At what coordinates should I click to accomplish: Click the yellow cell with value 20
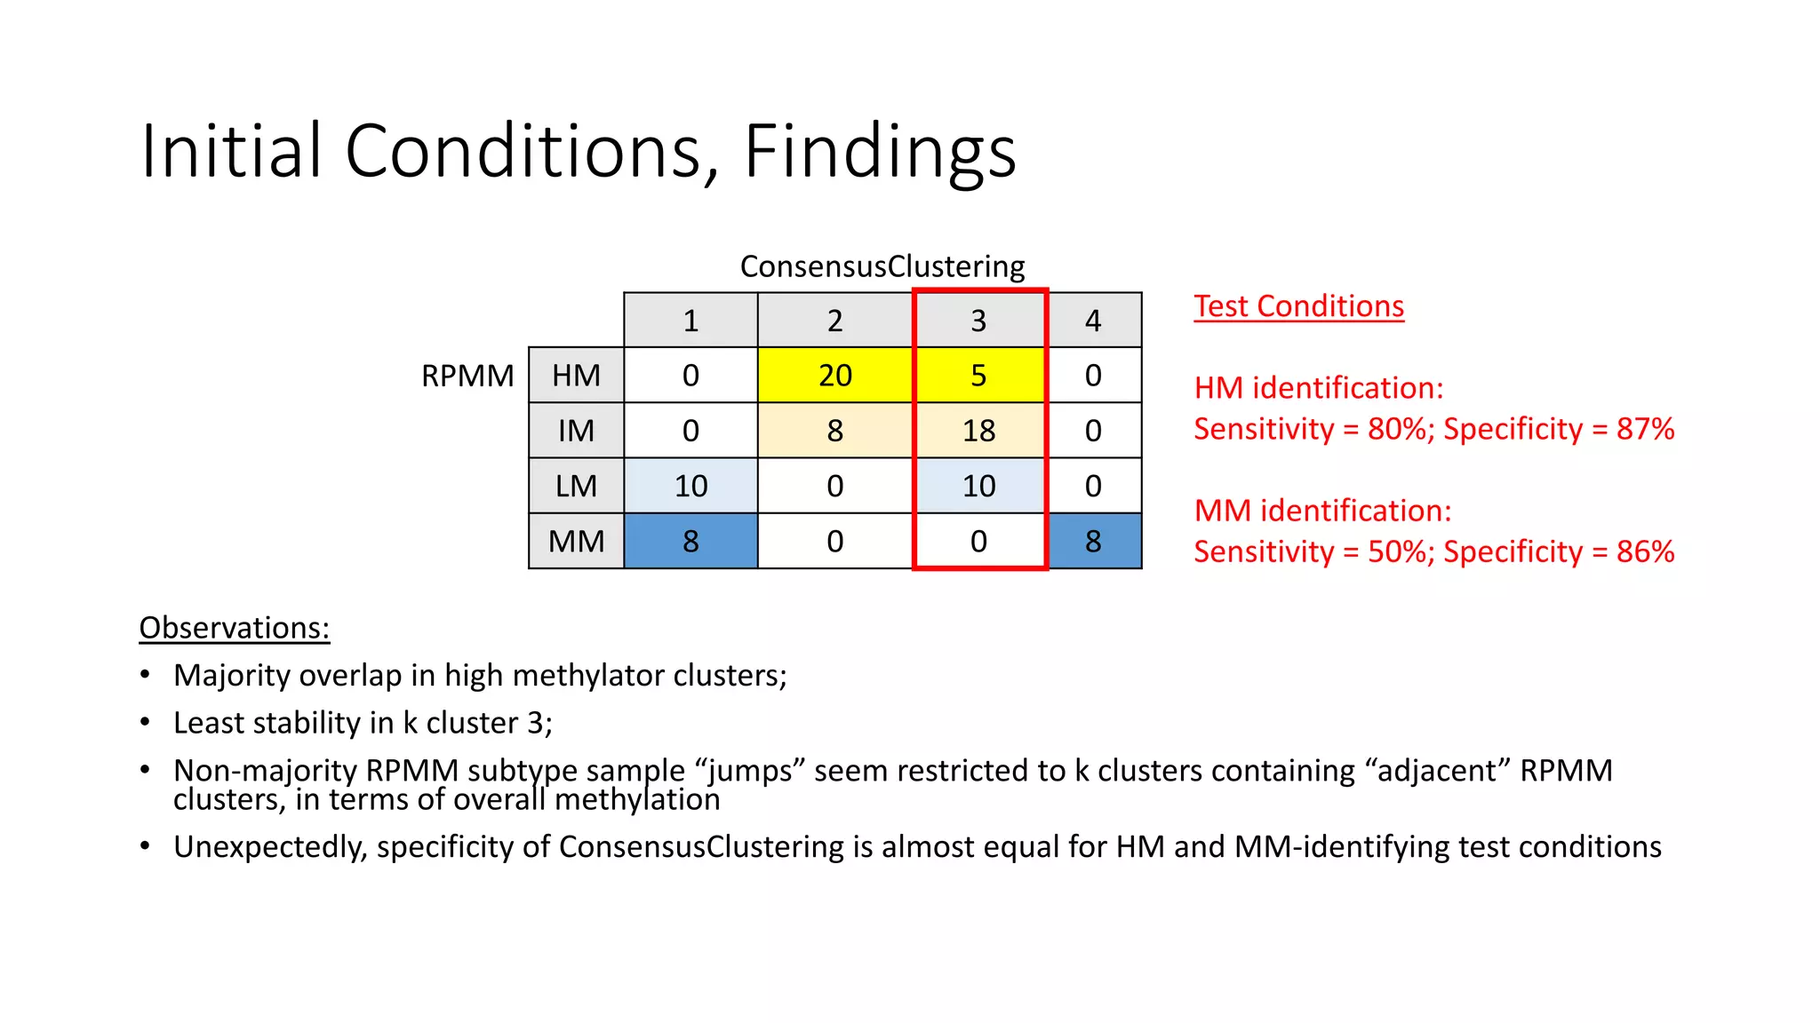coord(834,376)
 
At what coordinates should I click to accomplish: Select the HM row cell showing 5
coord(978,376)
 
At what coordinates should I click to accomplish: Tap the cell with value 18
coord(978,431)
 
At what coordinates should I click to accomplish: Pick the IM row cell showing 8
coord(834,431)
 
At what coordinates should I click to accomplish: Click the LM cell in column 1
coord(690,486)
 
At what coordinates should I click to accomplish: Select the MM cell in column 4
coord(1093,541)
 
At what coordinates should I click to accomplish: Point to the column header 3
coord(978,321)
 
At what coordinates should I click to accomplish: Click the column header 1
coord(690,321)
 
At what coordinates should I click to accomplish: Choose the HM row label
coord(576,376)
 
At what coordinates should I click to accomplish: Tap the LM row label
coord(576,486)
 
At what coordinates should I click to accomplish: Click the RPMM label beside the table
coord(467,376)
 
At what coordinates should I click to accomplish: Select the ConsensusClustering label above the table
coord(882,266)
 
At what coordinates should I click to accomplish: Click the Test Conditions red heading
coord(1298,306)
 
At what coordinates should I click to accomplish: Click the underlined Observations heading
coord(235,628)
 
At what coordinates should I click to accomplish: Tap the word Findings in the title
coord(879,151)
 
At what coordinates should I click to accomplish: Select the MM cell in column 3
coord(978,541)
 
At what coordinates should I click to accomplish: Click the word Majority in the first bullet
coord(232,676)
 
